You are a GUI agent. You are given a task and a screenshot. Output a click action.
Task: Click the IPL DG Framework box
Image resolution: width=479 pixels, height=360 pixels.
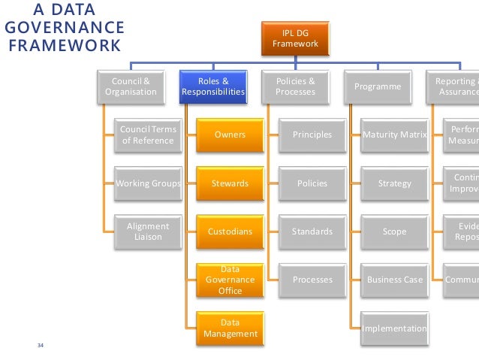[x=295, y=39]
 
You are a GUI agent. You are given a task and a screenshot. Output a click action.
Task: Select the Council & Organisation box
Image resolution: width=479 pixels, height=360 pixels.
[x=131, y=86]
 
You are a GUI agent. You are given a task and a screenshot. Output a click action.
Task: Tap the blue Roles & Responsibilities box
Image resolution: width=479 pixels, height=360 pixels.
[x=213, y=86]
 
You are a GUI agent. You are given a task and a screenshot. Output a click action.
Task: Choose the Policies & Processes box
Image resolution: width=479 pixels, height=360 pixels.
[x=295, y=86]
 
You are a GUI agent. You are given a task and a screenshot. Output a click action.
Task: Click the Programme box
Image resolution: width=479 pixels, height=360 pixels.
[x=378, y=86]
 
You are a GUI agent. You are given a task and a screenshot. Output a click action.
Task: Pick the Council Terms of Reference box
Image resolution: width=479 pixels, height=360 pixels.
[x=148, y=135]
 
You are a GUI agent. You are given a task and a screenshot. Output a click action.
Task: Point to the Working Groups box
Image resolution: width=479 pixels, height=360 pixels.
[x=148, y=183]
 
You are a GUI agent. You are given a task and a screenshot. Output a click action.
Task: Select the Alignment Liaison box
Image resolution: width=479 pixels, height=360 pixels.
[x=148, y=231]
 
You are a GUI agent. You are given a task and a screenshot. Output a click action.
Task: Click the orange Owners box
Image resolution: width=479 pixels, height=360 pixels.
[x=230, y=135]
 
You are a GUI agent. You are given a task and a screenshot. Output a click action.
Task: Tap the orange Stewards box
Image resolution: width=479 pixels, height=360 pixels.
[x=230, y=183]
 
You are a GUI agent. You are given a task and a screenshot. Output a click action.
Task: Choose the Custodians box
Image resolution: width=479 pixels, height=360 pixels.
[x=230, y=231]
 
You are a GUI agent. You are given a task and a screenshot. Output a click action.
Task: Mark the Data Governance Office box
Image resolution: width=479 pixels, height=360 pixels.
[x=230, y=280]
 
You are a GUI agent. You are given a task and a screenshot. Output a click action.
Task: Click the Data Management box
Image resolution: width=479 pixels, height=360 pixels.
[x=230, y=328]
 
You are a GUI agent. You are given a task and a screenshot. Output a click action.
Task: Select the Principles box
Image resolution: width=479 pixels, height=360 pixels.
[x=312, y=135]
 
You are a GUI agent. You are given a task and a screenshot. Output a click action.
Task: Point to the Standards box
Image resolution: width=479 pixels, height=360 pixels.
[x=312, y=231]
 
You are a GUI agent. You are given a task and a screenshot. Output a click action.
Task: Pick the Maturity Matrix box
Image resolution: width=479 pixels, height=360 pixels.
[x=394, y=135]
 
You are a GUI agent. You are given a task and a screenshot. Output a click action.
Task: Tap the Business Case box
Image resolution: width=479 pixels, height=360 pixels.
[x=394, y=280]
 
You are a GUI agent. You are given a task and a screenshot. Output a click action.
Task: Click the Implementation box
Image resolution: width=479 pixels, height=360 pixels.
[x=394, y=328]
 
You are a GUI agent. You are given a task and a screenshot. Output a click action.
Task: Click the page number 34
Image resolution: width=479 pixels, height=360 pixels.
[x=41, y=346]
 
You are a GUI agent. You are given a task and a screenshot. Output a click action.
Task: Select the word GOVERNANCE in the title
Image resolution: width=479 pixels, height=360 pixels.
[x=64, y=28]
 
